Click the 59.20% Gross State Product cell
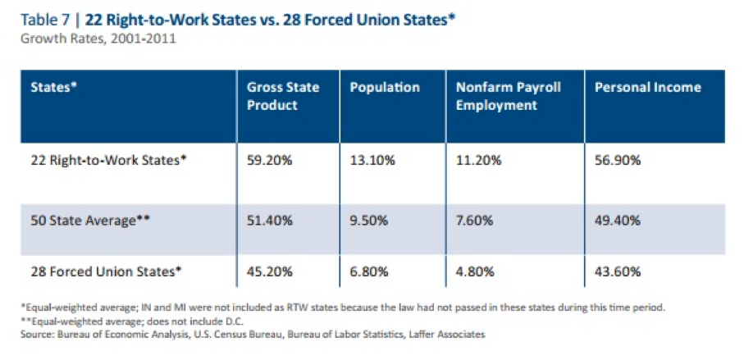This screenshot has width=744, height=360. pyautogui.click(x=269, y=162)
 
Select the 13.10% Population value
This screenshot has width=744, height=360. pyautogui.click(x=373, y=162)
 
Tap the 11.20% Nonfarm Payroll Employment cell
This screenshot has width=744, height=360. pyautogui.click(x=478, y=162)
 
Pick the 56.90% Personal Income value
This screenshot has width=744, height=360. pyautogui.click(x=618, y=162)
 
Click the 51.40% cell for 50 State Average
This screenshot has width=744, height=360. pyautogui.click(x=269, y=221)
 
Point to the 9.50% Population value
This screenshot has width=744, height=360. pyautogui.click(x=370, y=221)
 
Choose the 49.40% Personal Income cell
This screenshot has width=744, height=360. pyautogui.click(x=618, y=221)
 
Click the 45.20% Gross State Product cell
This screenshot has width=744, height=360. pyautogui.click(x=269, y=271)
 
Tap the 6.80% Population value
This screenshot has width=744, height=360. pyautogui.click(x=370, y=271)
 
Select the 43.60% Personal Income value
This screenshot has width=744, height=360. pyautogui.click(x=618, y=271)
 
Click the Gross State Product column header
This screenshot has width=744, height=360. pyautogui.click(x=283, y=96)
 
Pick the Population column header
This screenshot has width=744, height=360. pyautogui.click(x=385, y=88)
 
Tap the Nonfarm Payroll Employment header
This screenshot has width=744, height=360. pyautogui.click(x=509, y=96)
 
